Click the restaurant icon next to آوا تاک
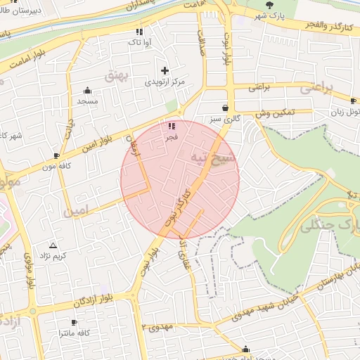coord(139,32)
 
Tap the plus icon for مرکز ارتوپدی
coord(165,70)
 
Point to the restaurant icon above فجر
coord(172,126)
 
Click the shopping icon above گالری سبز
coord(225,108)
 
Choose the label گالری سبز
coord(224,120)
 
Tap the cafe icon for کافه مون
coord(57,155)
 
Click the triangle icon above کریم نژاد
coord(53,244)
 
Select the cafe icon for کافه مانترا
coord(74,322)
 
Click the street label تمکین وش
coord(274,112)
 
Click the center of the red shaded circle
coord(180,179)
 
